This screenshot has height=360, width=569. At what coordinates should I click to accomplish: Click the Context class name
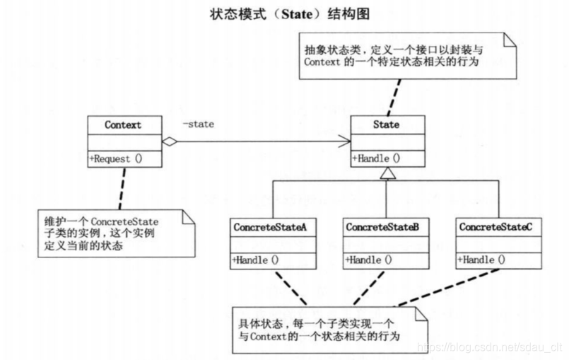tap(123, 125)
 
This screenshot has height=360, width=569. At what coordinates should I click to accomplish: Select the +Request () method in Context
tap(116, 159)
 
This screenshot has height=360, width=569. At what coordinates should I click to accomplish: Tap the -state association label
tap(198, 124)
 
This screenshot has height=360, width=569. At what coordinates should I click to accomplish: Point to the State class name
tap(386, 124)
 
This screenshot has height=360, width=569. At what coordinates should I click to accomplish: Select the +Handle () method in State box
tap(376, 158)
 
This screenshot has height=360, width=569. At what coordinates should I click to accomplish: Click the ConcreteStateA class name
tap(269, 227)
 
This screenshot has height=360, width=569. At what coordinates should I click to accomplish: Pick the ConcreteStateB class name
tap(382, 227)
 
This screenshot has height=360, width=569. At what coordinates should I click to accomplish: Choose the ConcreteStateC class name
tap(495, 227)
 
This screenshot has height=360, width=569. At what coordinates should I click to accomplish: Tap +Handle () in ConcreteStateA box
tap(255, 260)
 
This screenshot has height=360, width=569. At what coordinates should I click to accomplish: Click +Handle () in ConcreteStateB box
tap(368, 260)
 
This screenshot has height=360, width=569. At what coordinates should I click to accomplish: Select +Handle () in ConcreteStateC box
tap(481, 260)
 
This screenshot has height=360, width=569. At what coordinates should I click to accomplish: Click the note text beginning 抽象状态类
tap(392, 55)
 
